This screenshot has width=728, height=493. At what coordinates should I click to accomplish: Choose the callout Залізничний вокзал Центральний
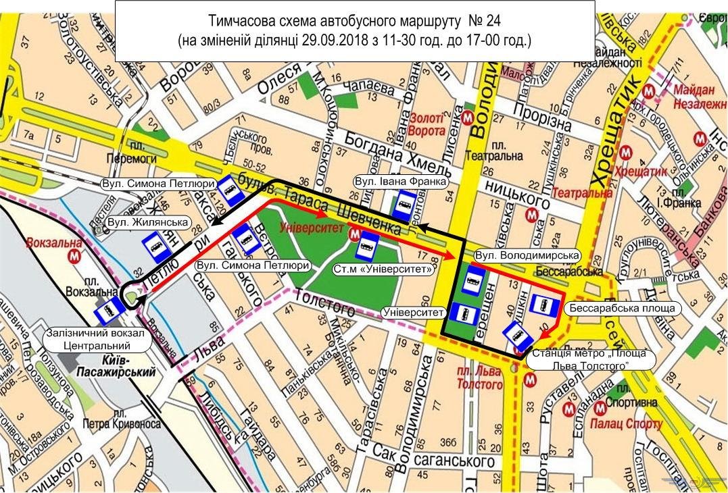point(97,340)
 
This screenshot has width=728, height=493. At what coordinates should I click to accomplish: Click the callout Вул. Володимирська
point(527,255)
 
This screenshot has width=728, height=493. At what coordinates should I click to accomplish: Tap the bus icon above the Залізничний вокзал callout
point(109,311)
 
